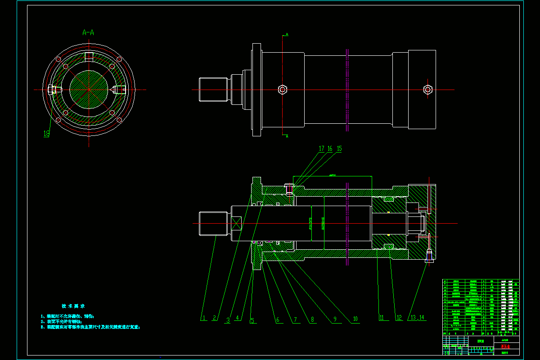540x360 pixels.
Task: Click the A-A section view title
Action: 88,32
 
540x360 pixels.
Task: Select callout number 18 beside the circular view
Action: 46,134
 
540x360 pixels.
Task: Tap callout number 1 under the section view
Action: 203,318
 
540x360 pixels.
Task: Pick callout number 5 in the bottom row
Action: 252,321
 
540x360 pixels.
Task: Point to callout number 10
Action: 355,319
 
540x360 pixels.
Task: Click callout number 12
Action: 398,318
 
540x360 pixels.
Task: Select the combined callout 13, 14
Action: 418,318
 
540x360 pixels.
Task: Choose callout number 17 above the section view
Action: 321,148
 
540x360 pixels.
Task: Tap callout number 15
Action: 339,148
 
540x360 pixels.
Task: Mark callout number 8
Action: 312,319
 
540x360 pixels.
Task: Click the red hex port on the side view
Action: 427,89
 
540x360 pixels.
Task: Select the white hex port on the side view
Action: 282,89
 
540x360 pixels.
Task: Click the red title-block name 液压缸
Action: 506,347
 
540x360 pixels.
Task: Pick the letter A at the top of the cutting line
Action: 287,34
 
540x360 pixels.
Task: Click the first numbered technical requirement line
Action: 67,316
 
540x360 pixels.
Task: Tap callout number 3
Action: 228,320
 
